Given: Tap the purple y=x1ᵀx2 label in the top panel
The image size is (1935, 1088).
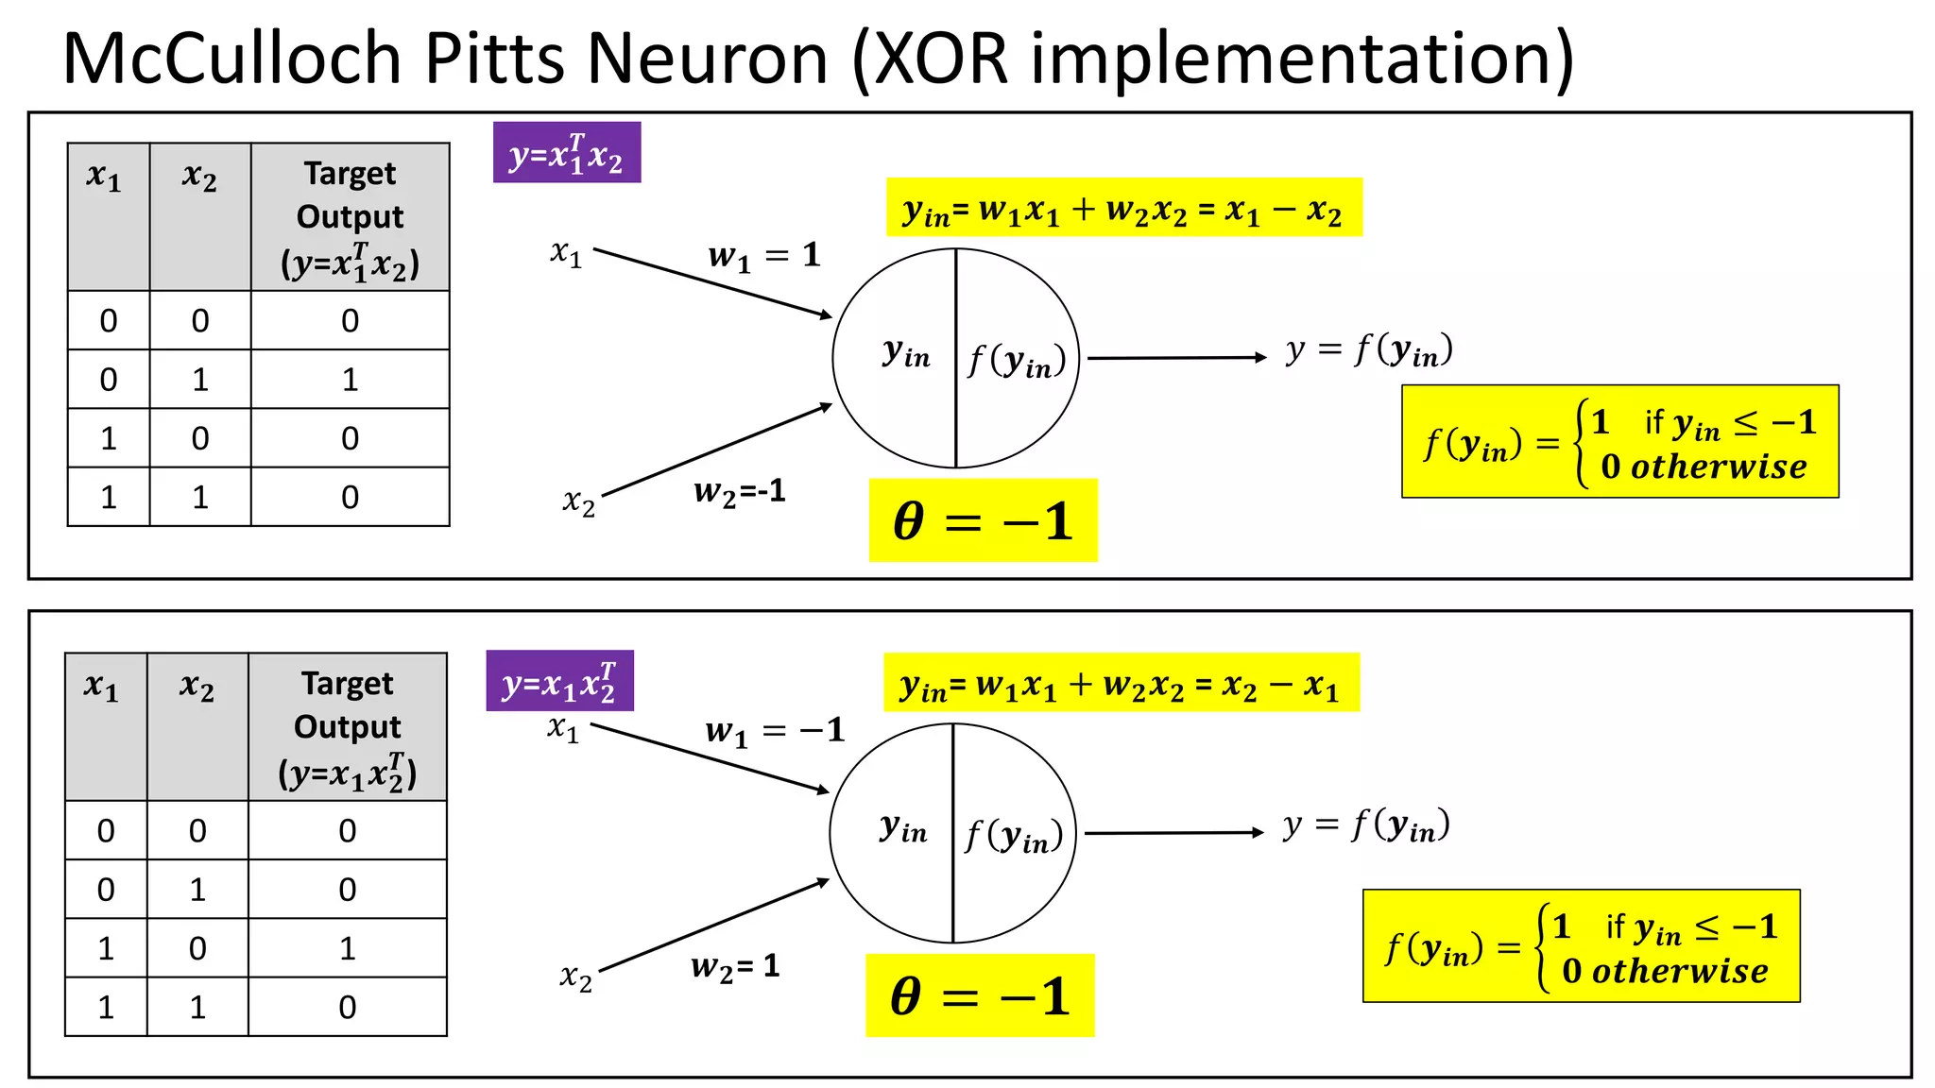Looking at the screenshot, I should [x=567, y=153].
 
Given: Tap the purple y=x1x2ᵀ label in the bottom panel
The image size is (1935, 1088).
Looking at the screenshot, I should [x=560, y=681].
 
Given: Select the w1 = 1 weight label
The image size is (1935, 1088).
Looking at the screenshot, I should [x=763, y=255].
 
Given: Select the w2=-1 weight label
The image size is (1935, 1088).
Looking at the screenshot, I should [x=739, y=491].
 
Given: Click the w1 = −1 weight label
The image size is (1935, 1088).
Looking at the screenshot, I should [x=774, y=730].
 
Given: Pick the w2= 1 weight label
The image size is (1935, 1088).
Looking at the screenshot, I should [x=735, y=966].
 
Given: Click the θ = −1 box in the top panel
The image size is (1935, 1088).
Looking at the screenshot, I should [x=983, y=520].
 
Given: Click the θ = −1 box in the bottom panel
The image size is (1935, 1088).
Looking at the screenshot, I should [x=980, y=995].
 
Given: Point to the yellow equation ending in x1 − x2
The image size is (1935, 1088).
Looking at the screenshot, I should [x=1123, y=209].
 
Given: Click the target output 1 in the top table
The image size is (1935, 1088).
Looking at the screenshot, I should [x=350, y=380].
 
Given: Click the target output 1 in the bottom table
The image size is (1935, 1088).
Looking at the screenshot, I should [x=347, y=948].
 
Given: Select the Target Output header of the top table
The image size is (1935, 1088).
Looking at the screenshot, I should [x=350, y=217].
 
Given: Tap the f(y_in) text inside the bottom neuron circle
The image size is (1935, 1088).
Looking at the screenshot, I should [x=1014, y=836].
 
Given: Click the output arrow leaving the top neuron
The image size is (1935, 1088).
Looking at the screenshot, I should [x=1176, y=358].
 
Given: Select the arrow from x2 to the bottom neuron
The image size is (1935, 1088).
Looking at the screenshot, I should [x=713, y=926].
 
